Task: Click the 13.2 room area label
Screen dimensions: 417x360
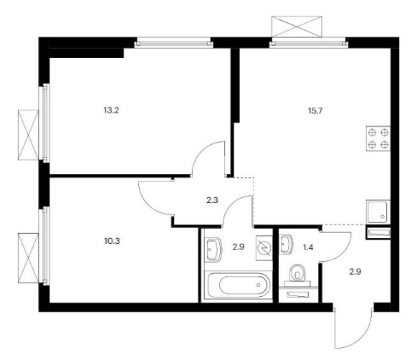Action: coord(111,110)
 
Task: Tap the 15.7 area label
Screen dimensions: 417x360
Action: coord(315,110)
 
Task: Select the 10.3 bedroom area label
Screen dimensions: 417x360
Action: coord(112,241)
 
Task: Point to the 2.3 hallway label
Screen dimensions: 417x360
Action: coord(212,200)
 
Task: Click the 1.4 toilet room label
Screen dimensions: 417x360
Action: coord(308,247)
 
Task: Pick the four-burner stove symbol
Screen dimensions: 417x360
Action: coord(378,138)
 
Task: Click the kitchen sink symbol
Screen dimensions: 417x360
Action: coord(378,212)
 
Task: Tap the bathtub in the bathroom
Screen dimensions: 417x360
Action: coord(237,285)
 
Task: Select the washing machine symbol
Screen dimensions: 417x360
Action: coord(264,248)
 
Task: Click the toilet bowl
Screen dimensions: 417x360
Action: coord(297,273)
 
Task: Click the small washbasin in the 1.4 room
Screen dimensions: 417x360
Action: coord(286,244)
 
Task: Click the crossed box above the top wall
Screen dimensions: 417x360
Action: coord(297,27)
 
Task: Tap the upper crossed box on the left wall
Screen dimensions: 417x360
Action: coord(28,135)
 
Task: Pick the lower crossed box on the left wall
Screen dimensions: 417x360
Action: coord(28,257)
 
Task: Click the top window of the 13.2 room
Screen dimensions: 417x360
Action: coord(173,42)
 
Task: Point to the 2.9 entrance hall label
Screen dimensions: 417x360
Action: coord(355,272)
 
